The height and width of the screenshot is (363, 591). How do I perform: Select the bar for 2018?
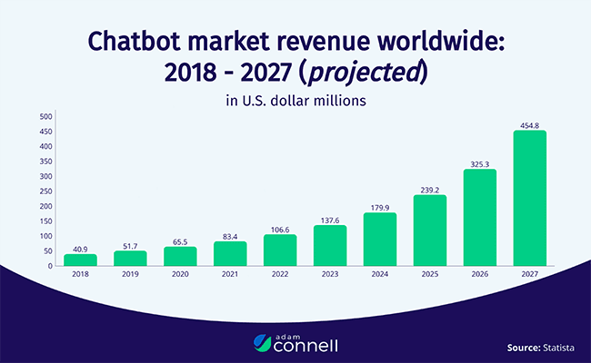pos(80,260)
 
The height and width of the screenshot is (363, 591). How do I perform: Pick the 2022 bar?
pos(279,250)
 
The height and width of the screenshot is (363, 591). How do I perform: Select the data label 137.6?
pos(329,219)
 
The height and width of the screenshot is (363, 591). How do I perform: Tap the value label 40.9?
pos(80,248)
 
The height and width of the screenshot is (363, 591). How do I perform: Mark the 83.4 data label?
pos(230,235)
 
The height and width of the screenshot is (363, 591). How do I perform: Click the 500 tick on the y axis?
pos(45,116)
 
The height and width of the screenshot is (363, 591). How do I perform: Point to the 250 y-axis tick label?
pos(45,191)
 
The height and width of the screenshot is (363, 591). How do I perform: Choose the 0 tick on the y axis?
pos(50,266)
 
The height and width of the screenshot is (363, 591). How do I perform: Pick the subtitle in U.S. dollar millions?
pos(295,101)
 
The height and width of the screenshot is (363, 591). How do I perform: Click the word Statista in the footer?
pos(554,346)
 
